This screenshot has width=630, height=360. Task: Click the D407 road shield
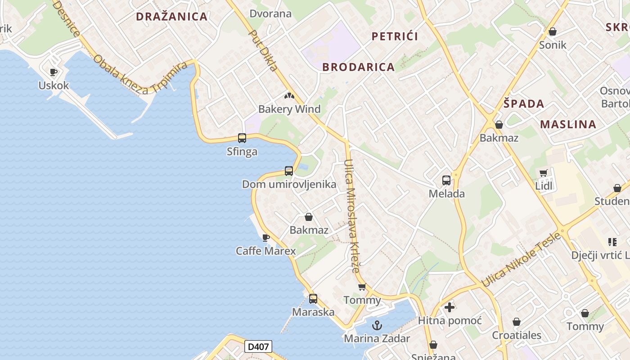pyautogui.click(x=258, y=346)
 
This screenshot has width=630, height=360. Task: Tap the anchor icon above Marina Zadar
pyautogui.click(x=377, y=325)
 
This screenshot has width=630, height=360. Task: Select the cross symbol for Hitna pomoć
pyautogui.click(x=450, y=307)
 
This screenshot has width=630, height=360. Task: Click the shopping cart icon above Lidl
pyautogui.click(x=544, y=173)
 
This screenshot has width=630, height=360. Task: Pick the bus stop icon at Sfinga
pyautogui.click(x=242, y=138)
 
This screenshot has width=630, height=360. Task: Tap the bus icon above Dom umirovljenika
pyautogui.click(x=289, y=171)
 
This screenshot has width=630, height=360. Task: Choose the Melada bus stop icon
pyautogui.click(x=446, y=180)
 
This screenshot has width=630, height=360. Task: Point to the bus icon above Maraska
pyautogui.click(x=313, y=298)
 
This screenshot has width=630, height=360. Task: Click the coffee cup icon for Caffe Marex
pyautogui.click(x=266, y=237)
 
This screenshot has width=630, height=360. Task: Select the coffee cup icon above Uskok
pyautogui.click(x=54, y=72)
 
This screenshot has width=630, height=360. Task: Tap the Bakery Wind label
pyautogui.click(x=289, y=109)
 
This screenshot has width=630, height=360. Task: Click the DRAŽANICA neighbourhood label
pyautogui.click(x=171, y=17)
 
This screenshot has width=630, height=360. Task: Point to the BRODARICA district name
pyautogui.click(x=358, y=67)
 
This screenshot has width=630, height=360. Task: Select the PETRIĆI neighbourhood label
pyautogui.click(x=395, y=36)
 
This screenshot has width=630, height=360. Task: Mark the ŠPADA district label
pyautogui.click(x=524, y=103)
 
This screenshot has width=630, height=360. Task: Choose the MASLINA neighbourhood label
pyautogui.click(x=568, y=124)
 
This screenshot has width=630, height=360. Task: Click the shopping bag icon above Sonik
pyautogui.click(x=553, y=31)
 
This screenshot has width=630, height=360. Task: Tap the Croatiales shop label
pyautogui.click(x=517, y=335)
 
